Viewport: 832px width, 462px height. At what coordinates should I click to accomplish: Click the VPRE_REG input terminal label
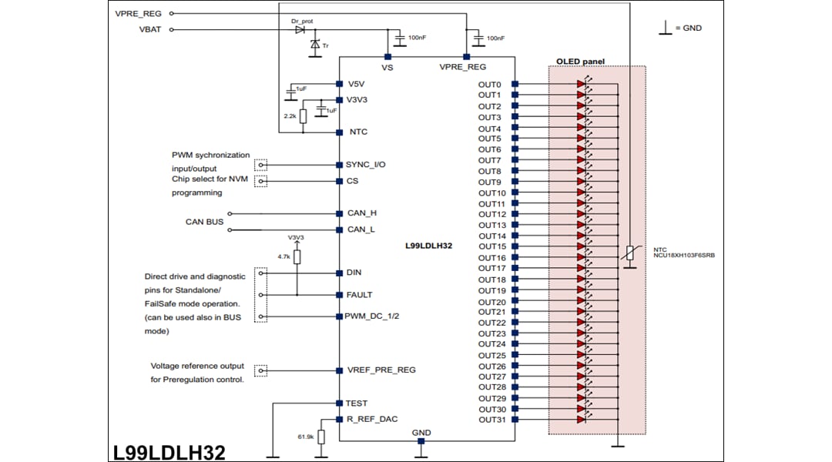pos(139,13)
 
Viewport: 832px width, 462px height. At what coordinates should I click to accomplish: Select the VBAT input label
pos(149,30)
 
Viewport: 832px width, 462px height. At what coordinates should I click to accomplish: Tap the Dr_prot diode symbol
pos(300,30)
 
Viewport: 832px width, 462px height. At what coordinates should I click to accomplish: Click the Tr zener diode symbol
pos(314,45)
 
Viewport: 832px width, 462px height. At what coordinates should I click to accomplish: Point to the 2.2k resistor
pos(303,115)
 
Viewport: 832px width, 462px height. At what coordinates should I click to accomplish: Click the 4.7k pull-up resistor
pos(297,257)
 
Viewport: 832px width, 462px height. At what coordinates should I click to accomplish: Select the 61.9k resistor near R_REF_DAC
pos(321,437)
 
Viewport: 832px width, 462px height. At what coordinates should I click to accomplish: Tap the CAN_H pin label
pos(362,213)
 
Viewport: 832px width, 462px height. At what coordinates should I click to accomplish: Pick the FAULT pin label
pos(360,295)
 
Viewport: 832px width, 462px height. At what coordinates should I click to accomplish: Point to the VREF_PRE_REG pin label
pos(381,370)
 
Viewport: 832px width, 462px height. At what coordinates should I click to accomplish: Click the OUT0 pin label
pos(489,85)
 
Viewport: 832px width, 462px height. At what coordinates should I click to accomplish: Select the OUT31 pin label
pos(491,420)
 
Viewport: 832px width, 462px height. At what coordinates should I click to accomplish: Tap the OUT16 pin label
pos(491,258)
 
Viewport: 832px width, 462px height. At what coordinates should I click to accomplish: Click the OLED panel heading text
pos(580,62)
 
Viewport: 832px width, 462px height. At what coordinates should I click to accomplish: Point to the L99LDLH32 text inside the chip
pos(428,246)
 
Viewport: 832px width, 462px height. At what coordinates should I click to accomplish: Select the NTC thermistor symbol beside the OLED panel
pos(629,253)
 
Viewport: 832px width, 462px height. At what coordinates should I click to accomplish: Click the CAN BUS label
pos(204,222)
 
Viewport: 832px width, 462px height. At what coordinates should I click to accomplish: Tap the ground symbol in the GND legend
pos(663,28)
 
